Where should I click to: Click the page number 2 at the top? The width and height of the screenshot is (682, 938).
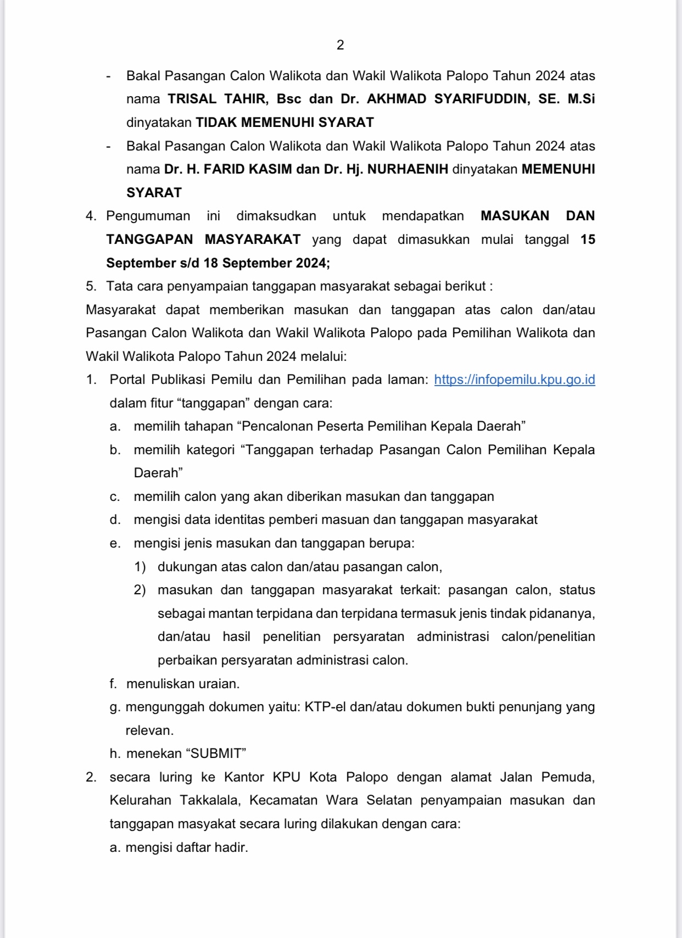tap(340, 45)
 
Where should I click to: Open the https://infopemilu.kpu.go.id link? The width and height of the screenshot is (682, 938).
tap(514, 380)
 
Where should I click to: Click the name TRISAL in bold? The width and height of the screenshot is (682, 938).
tap(192, 99)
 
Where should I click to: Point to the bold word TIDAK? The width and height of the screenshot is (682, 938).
tap(216, 122)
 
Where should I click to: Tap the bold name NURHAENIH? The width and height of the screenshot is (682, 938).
tap(407, 169)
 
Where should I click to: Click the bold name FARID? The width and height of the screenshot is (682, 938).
tap(226, 169)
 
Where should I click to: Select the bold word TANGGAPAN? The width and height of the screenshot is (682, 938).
tap(149, 239)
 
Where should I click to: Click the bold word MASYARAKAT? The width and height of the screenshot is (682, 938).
tap(253, 239)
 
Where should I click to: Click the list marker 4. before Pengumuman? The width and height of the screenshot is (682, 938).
tap(91, 216)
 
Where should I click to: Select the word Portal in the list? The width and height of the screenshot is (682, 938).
tap(128, 380)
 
